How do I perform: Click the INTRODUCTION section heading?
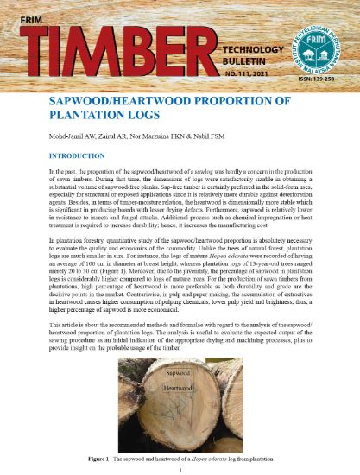89,156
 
